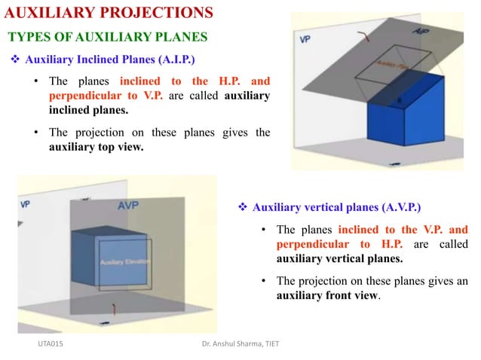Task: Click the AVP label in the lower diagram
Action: (127, 205)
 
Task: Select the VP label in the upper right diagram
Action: (305, 38)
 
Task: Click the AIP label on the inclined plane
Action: (422, 31)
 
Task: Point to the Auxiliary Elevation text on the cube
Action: (125, 262)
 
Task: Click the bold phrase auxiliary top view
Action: (96, 148)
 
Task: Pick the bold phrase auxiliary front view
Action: (327, 296)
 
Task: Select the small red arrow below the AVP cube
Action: (114, 308)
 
